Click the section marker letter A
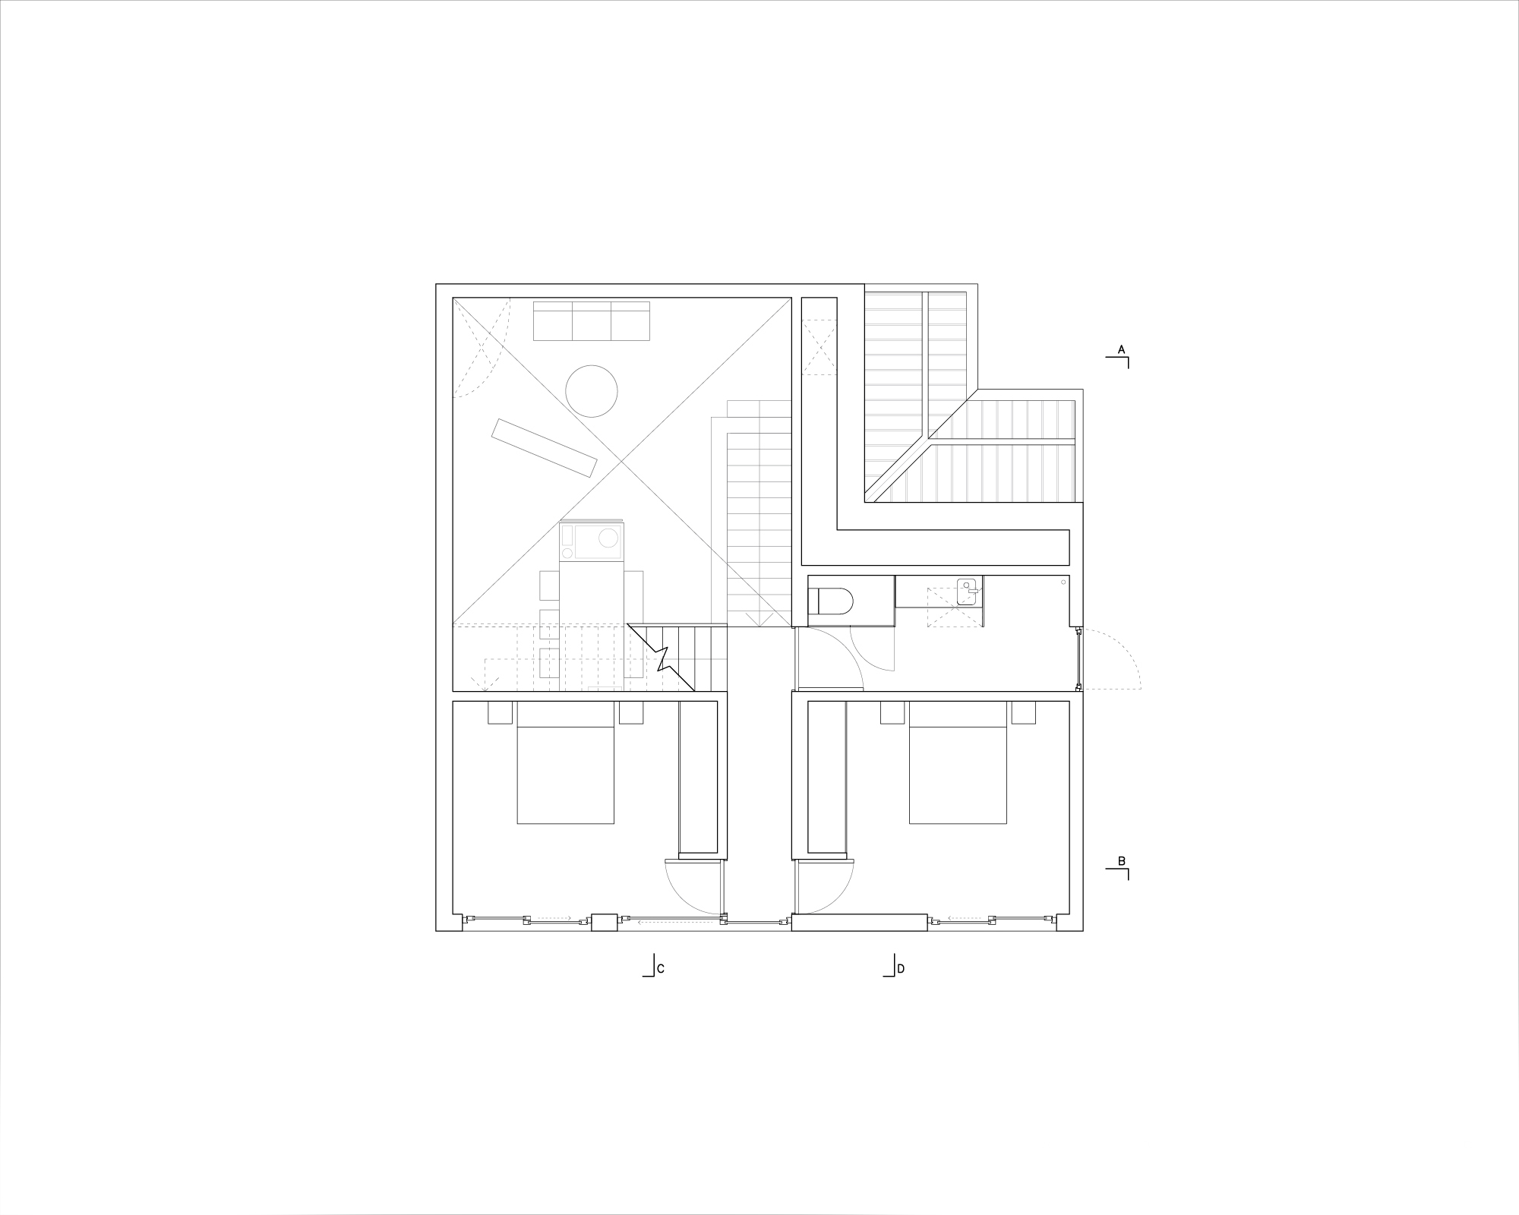click(x=1121, y=349)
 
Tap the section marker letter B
click(x=1122, y=861)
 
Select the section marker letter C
click(x=661, y=969)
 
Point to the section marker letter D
click(x=901, y=969)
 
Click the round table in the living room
click(x=592, y=391)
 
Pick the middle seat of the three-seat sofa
click(x=592, y=320)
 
